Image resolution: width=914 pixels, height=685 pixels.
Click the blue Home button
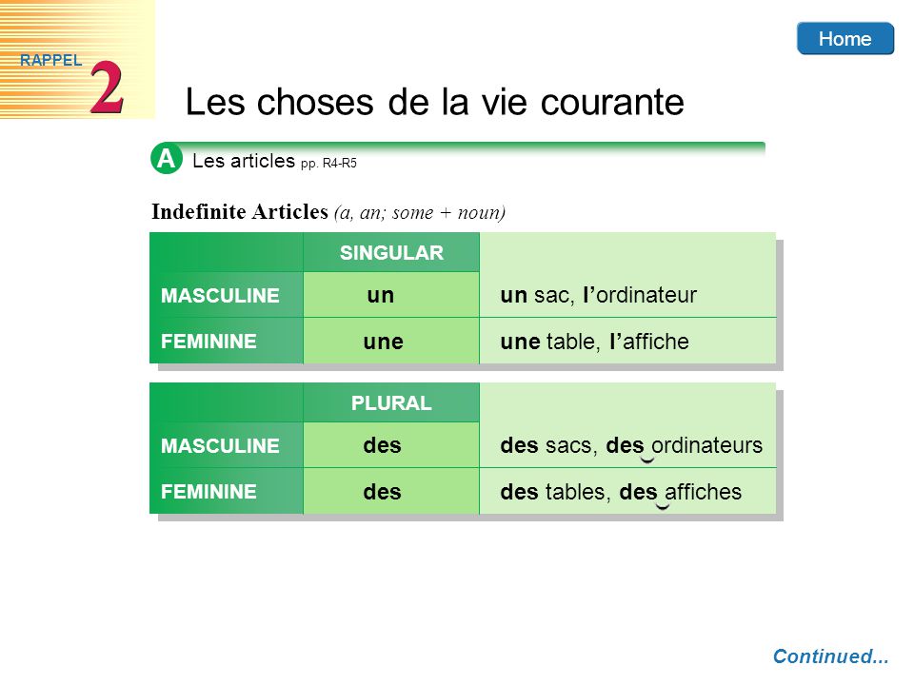pyautogui.click(x=845, y=38)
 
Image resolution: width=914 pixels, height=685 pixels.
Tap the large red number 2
pyautogui.click(x=107, y=88)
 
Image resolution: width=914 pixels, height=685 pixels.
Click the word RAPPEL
pyautogui.click(x=50, y=60)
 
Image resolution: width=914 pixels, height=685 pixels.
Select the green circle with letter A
pyautogui.click(x=166, y=159)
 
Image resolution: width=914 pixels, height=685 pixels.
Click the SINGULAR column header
pyautogui.click(x=391, y=252)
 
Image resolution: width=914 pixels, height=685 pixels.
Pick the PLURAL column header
pyautogui.click(x=391, y=402)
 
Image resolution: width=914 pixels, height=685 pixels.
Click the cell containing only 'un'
pyautogui.click(x=391, y=295)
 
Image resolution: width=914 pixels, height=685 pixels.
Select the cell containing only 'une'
pyautogui.click(x=391, y=341)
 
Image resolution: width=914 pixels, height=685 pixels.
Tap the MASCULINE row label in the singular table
pyautogui.click(x=220, y=295)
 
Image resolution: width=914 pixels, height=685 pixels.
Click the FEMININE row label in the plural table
pyautogui.click(x=209, y=492)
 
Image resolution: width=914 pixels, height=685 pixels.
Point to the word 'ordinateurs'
pyautogui.click(x=706, y=445)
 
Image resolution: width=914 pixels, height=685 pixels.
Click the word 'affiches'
pyautogui.click(x=703, y=492)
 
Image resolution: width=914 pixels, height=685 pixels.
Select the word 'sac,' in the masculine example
pyautogui.click(x=554, y=295)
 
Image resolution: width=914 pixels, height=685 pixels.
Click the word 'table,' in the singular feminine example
pyautogui.click(x=573, y=342)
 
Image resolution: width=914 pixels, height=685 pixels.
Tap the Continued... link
pyautogui.click(x=830, y=656)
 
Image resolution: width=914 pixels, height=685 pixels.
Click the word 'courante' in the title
pyautogui.click(x=612, y=103)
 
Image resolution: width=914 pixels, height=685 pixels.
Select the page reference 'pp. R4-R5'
pyautogui.click(x=328, y=164)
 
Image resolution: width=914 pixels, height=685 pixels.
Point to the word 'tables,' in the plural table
pyautogui.click(x=578, y=492)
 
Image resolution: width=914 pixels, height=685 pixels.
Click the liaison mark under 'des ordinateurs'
pyautogui.click(x=647, y=460)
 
